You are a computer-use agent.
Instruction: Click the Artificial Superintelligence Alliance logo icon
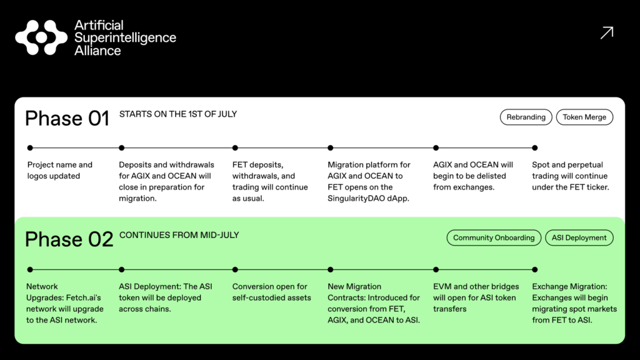click(41, 37)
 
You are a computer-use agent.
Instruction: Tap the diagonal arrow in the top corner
click(606, 33)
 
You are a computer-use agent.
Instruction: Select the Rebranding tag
click(526, 117)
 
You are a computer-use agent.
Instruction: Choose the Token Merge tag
click(584, 117)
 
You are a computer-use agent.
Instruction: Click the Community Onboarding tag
click(494, 237)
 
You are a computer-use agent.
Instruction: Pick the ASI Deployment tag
click(579, 237)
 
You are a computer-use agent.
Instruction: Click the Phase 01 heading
click(67, 118)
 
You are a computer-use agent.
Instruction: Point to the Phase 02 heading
click(69, 239)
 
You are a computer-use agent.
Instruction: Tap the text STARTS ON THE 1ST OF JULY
click(178, 114)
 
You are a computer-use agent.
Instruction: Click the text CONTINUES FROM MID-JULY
click(179, 235)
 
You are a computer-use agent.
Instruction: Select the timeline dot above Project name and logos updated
click(30, 148)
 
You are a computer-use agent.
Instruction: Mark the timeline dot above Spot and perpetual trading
click(535, 148)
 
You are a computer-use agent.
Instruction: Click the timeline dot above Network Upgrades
click(30, 270)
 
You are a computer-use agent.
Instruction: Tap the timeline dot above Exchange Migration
click(535, 270)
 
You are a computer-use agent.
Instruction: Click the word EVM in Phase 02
click(442, 286)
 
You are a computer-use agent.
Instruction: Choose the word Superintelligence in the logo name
click(125, 37)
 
